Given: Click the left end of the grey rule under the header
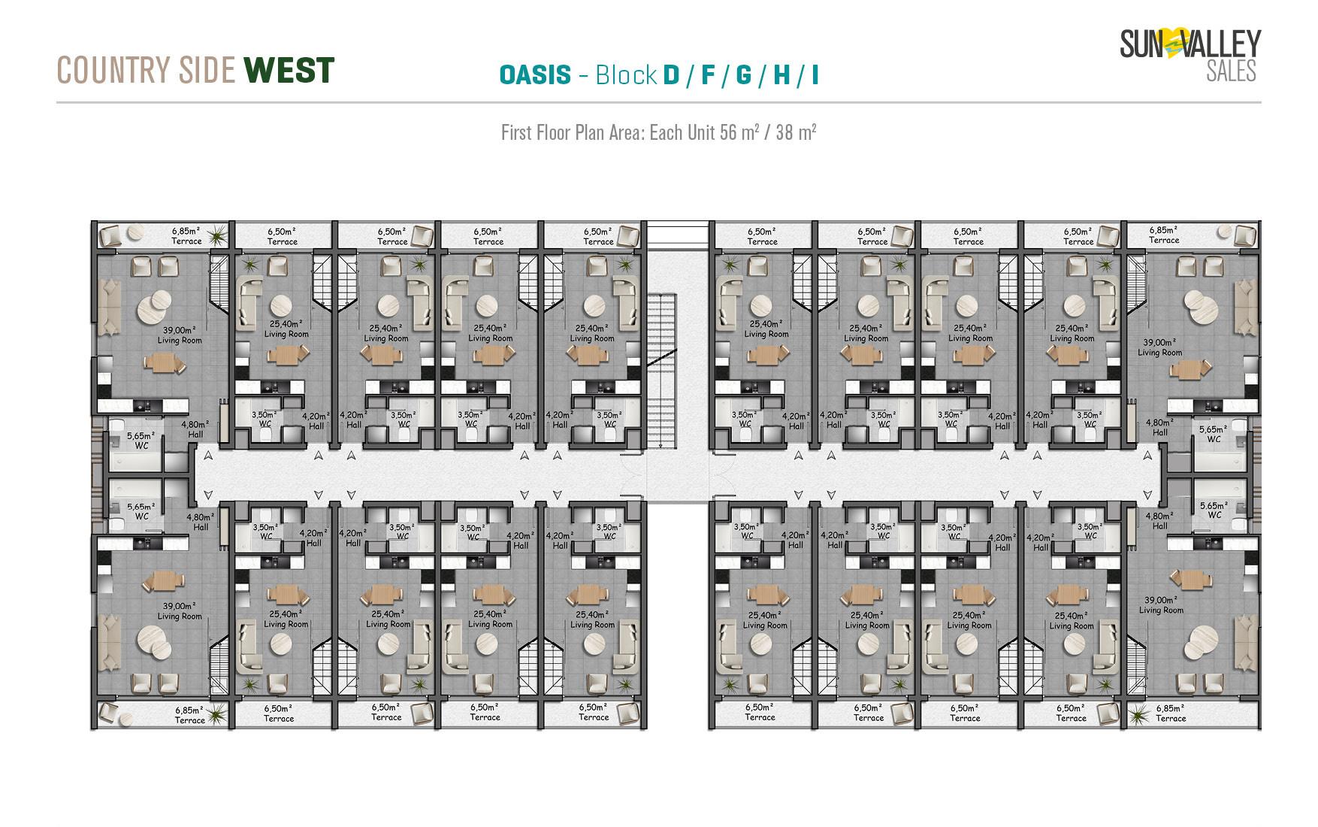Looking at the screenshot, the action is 57,101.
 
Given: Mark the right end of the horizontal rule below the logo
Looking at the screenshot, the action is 1261,101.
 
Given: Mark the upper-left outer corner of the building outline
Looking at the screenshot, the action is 92,221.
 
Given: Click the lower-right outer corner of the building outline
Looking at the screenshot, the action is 1261,729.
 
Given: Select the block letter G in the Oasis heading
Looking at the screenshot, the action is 744,75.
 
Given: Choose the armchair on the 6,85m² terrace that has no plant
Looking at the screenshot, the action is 1245,235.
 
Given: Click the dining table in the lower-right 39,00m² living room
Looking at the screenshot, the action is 1190,580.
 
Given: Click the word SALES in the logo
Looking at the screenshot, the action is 1231,71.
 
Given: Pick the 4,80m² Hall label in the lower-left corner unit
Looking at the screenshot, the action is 201,522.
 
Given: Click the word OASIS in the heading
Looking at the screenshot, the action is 535,75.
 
